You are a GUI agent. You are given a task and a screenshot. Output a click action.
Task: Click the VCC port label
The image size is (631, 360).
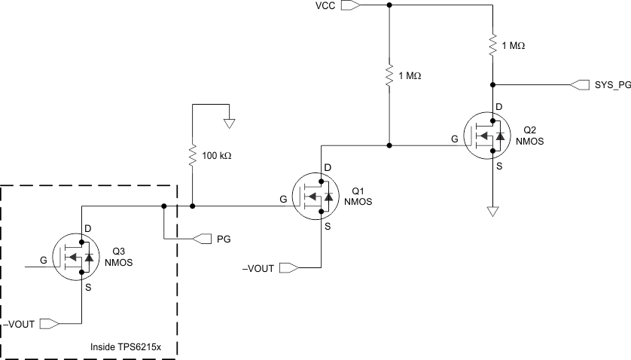tap(325, 6)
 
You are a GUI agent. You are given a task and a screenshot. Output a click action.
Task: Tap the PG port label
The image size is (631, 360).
tap(224, 239)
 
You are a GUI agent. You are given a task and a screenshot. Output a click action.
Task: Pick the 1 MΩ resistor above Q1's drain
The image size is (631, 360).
tap(389, 76)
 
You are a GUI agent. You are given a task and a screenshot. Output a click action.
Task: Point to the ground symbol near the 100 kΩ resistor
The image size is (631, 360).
tap(230, 121)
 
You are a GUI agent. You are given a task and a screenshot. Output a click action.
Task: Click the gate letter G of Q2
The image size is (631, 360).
tap(454, 139)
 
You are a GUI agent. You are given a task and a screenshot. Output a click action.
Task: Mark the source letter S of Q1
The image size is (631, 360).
tap(328, 225)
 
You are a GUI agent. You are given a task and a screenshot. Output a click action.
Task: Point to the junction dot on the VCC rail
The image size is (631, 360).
tap(389, 5)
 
